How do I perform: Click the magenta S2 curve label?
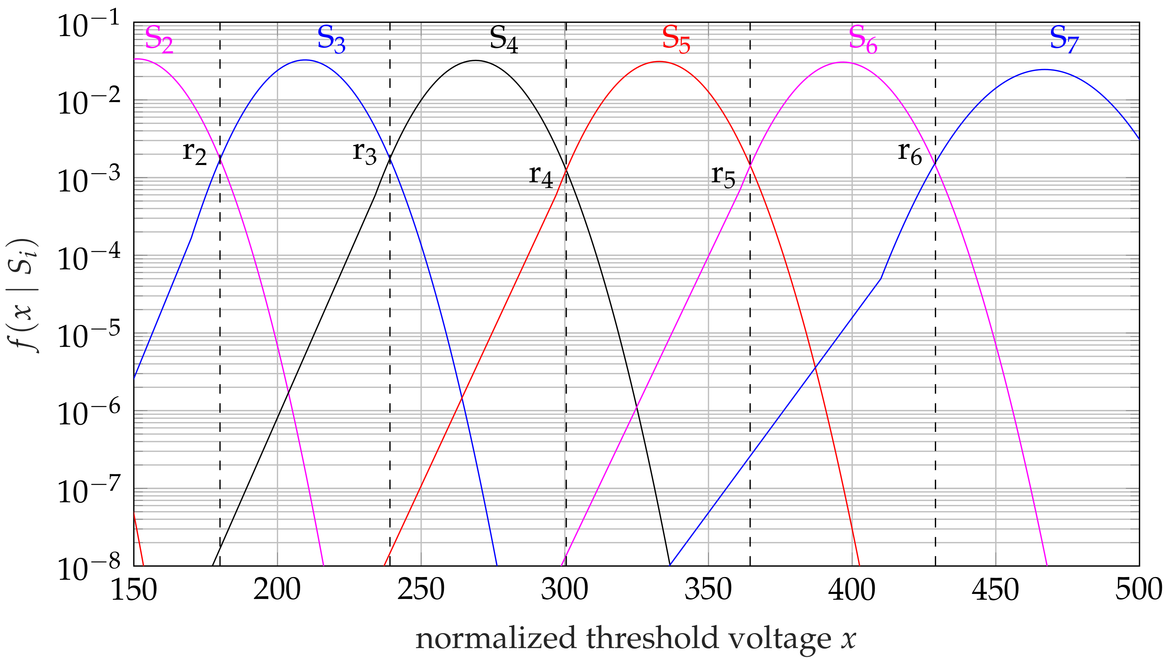(159, 40)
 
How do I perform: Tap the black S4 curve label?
(503, 40)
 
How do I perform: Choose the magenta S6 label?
(863, 40)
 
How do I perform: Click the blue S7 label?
(1064, 40)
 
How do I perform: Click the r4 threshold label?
(541, 176)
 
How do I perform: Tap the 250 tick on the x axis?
(420, 590)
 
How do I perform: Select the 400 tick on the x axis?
(851, 590)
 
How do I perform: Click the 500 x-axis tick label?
(1138, 590)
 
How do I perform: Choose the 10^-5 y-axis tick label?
(89, 336)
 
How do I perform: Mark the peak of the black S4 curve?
(476, 61)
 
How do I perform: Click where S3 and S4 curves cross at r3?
(390, 158)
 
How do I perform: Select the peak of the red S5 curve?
(659, 61)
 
